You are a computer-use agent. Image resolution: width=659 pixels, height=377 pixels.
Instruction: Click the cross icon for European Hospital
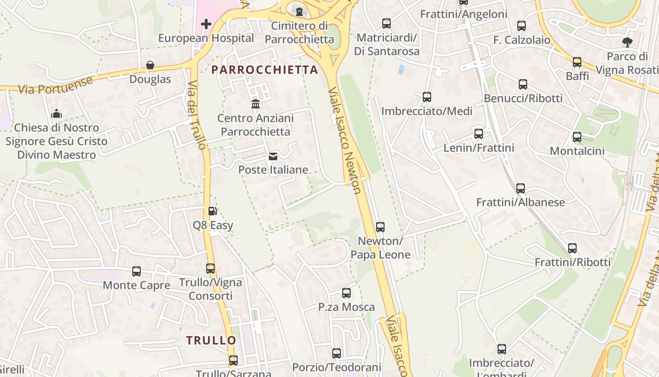coord(206,24)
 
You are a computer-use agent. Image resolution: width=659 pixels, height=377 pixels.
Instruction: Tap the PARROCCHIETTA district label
coord(265,70)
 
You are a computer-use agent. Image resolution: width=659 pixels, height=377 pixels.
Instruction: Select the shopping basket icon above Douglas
coord(150,65)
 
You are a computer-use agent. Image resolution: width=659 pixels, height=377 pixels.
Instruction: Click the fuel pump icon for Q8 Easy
coord(212,211)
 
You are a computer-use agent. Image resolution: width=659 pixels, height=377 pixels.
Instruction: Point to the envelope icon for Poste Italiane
coord(273,156)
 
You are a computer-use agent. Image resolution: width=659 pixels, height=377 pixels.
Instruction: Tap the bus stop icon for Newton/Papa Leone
coord(380,227)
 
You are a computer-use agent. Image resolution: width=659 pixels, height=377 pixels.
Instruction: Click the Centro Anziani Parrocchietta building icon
coord(256,104)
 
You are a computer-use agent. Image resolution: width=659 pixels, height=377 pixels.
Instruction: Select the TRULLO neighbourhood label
coord(211,340)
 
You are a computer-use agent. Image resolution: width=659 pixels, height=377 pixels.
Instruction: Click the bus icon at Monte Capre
coord(137,271)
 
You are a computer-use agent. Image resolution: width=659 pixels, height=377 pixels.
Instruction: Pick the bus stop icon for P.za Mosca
coord(346,293)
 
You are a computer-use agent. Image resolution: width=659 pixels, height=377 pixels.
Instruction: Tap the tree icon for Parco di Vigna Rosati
coord(627,42)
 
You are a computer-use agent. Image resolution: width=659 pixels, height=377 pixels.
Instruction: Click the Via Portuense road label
coord(56,85)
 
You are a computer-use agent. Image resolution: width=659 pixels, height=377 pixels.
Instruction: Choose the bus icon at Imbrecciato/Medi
coord(427,97)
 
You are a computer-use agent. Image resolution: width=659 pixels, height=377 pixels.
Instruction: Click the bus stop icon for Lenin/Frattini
coord(479,134)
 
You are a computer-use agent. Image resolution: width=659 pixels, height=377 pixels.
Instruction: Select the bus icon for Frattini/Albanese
coord(520,188)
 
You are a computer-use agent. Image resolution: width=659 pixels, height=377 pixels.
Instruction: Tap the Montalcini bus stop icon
coord(577,137)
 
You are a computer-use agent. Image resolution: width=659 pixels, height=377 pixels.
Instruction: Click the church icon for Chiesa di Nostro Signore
coord(56,114)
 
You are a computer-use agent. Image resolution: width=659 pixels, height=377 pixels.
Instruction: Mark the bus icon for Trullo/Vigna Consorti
coord(210,269)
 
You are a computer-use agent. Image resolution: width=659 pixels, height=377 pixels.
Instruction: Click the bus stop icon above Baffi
coord(577,62)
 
